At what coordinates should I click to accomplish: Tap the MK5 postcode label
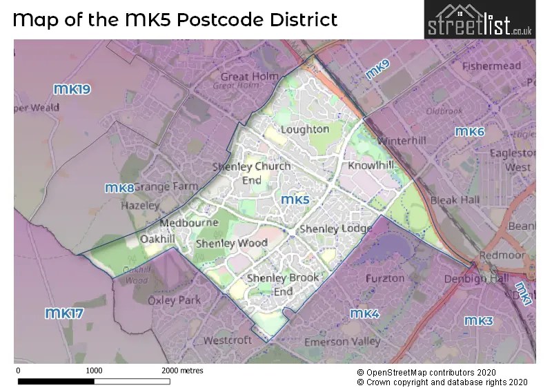click(296, 200)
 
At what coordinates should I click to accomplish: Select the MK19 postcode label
click(72, 89)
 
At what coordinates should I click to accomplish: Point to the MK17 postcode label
click(64, 314)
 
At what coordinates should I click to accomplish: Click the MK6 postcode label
click(469, 132)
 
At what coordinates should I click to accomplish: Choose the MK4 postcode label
click(364, 314)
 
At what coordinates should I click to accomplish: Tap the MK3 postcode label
click(478, 321)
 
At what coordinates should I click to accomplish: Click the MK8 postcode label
click(119, 188)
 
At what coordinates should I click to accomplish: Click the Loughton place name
click(305, 129)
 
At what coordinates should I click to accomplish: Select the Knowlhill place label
click(371, 166)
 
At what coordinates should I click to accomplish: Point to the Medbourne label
click(189, 223)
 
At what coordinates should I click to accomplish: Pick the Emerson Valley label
click(343, 341)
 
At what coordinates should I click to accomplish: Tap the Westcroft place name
click(228, 340)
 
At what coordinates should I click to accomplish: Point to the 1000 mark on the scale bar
click(94, 371)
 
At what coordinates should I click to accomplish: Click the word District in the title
click(299, 19)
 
